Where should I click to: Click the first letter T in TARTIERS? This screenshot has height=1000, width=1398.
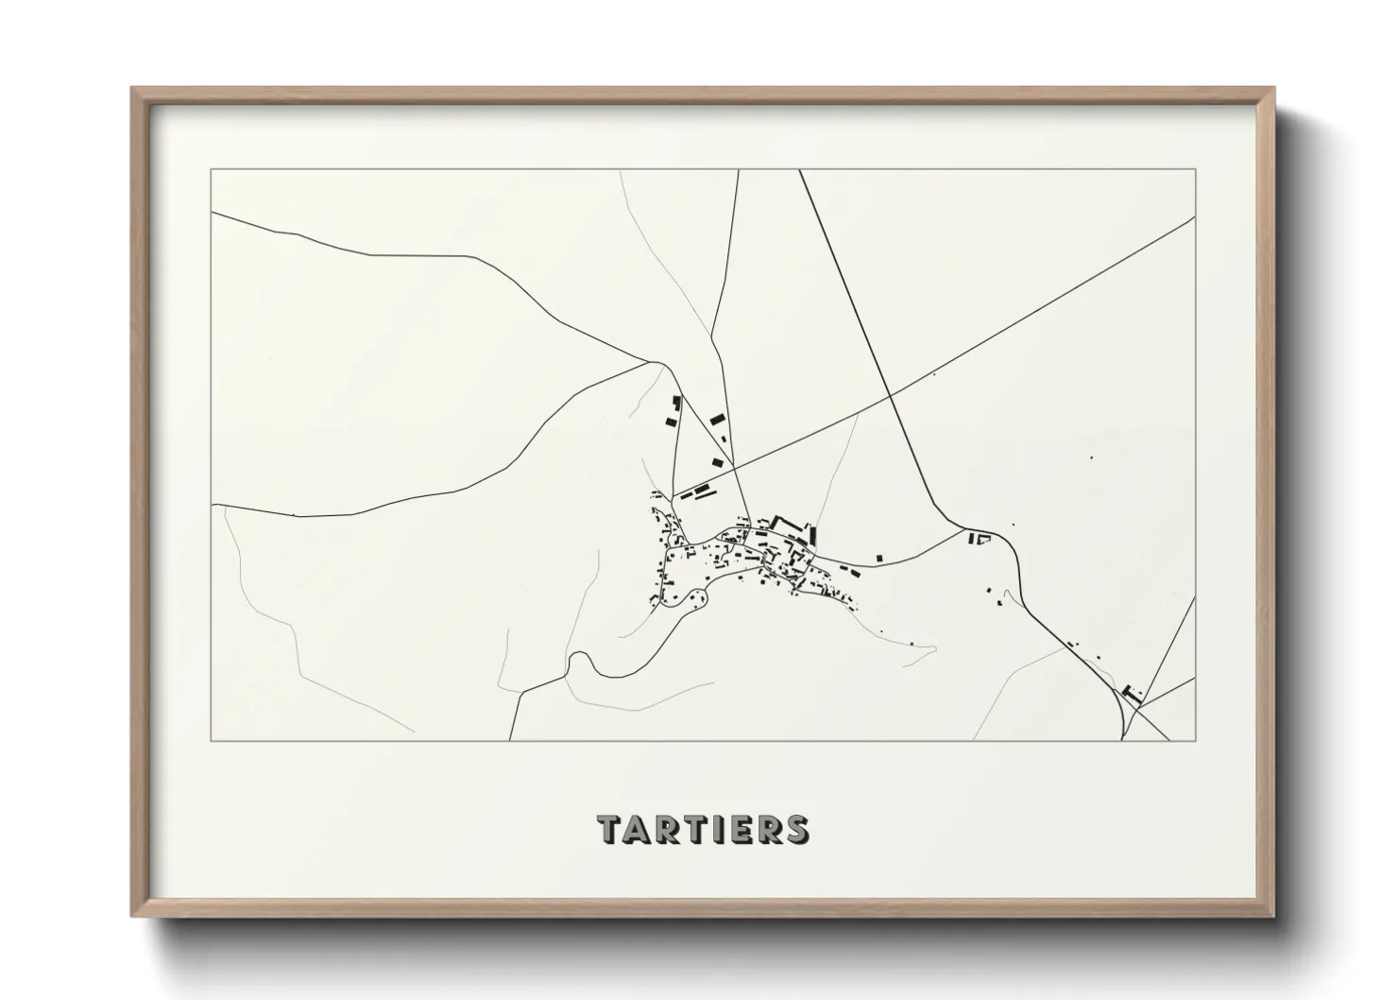point(609,829)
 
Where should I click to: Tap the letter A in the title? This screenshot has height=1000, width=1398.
point(635,829)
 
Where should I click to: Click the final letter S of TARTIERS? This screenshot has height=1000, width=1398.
point(796,829)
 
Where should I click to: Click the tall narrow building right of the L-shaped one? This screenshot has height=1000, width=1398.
point(812,534)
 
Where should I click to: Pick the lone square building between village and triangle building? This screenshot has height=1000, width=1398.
point(879,558)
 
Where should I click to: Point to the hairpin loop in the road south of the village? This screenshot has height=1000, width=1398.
point(583,661)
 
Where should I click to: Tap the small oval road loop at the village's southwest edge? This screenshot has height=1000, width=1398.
point(697,597)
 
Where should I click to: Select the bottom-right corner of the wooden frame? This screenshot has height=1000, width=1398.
point(1271,914)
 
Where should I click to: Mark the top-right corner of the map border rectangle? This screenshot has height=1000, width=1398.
point(1196,169)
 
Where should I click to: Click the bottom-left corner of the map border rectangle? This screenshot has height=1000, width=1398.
point(211,741)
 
